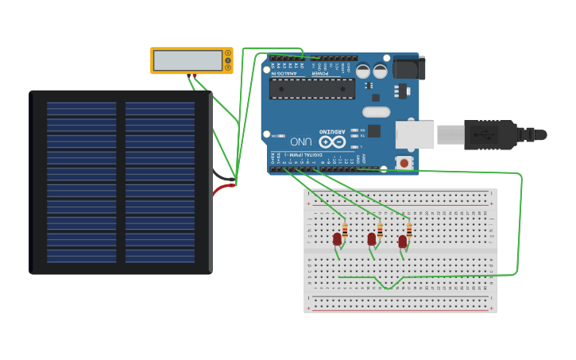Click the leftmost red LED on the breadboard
pos(337,238)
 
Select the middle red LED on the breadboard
pos(371,238)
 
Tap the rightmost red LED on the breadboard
pos(403,241)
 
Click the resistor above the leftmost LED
pos(345,230)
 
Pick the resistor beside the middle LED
pos(380,230)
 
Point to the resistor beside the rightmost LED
pos(408,230)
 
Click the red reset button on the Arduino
pos(404,162)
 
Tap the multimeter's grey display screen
pos(187,60)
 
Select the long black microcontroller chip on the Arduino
pos(312,88)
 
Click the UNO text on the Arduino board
pos(299,141)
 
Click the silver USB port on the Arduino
pos(415,134)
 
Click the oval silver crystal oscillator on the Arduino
pos(377,112)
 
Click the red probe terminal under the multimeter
pos(195,75)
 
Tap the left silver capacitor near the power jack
pos(363,71)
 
